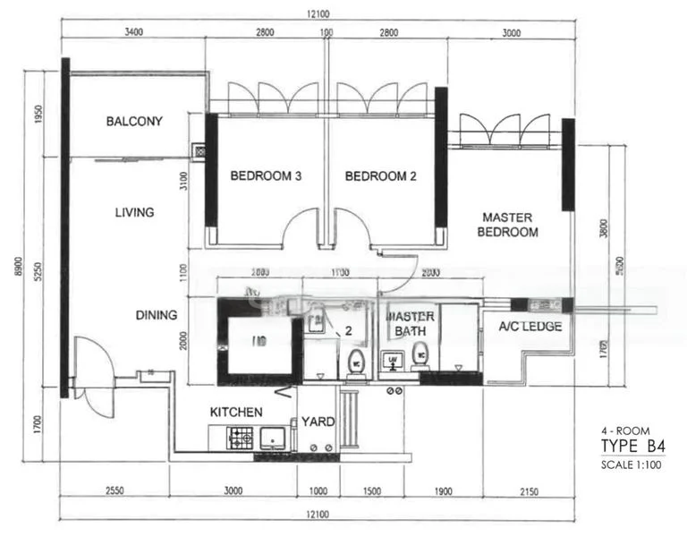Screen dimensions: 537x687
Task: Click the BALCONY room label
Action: click(x=134, y=121)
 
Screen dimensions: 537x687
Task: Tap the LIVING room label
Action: click(x=134, y=213)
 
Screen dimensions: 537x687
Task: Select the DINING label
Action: click(x=156, y=315)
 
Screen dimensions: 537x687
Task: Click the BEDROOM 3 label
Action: click(x=265, y=176)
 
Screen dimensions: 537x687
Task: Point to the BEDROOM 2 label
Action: click(x=381, y=176)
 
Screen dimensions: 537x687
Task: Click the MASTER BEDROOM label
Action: click(x=508, y=225)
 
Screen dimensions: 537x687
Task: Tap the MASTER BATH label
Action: click(x=410, y=324)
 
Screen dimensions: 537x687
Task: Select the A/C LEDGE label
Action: click(x=530, y=327)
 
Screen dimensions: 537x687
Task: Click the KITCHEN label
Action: click(x=236, y=412)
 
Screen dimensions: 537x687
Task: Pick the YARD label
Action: click(x=318, y=421)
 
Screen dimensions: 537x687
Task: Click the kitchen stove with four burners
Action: click(x=242, y=438)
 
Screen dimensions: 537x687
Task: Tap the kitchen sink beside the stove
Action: click(x=272, y=438)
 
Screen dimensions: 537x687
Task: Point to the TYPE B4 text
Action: click(x=633, y=447)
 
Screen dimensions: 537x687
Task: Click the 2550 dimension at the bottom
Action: click(x=113, y=491)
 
